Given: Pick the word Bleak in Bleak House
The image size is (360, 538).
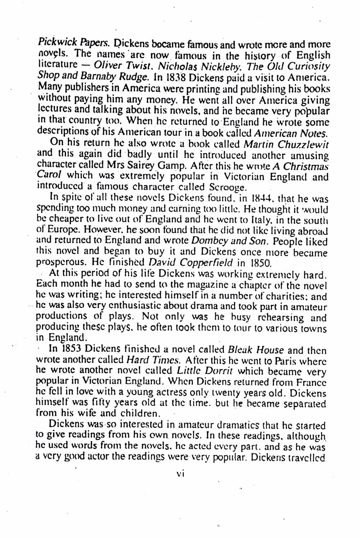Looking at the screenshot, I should pos(241,350).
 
